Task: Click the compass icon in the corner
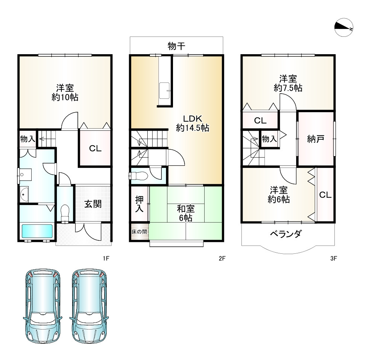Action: pos(344,27)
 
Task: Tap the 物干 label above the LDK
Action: pos(176,46)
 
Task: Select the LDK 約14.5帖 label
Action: pos(192,124)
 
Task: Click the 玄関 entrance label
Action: pos(93,204)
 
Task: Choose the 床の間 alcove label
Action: pos(139,231)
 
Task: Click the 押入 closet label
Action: pos(139,204)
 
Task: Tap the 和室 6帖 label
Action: pos(185,213)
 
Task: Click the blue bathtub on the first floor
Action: pos(37,231)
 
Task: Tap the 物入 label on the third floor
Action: pos(269,139)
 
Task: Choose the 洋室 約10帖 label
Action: pos(65,93)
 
